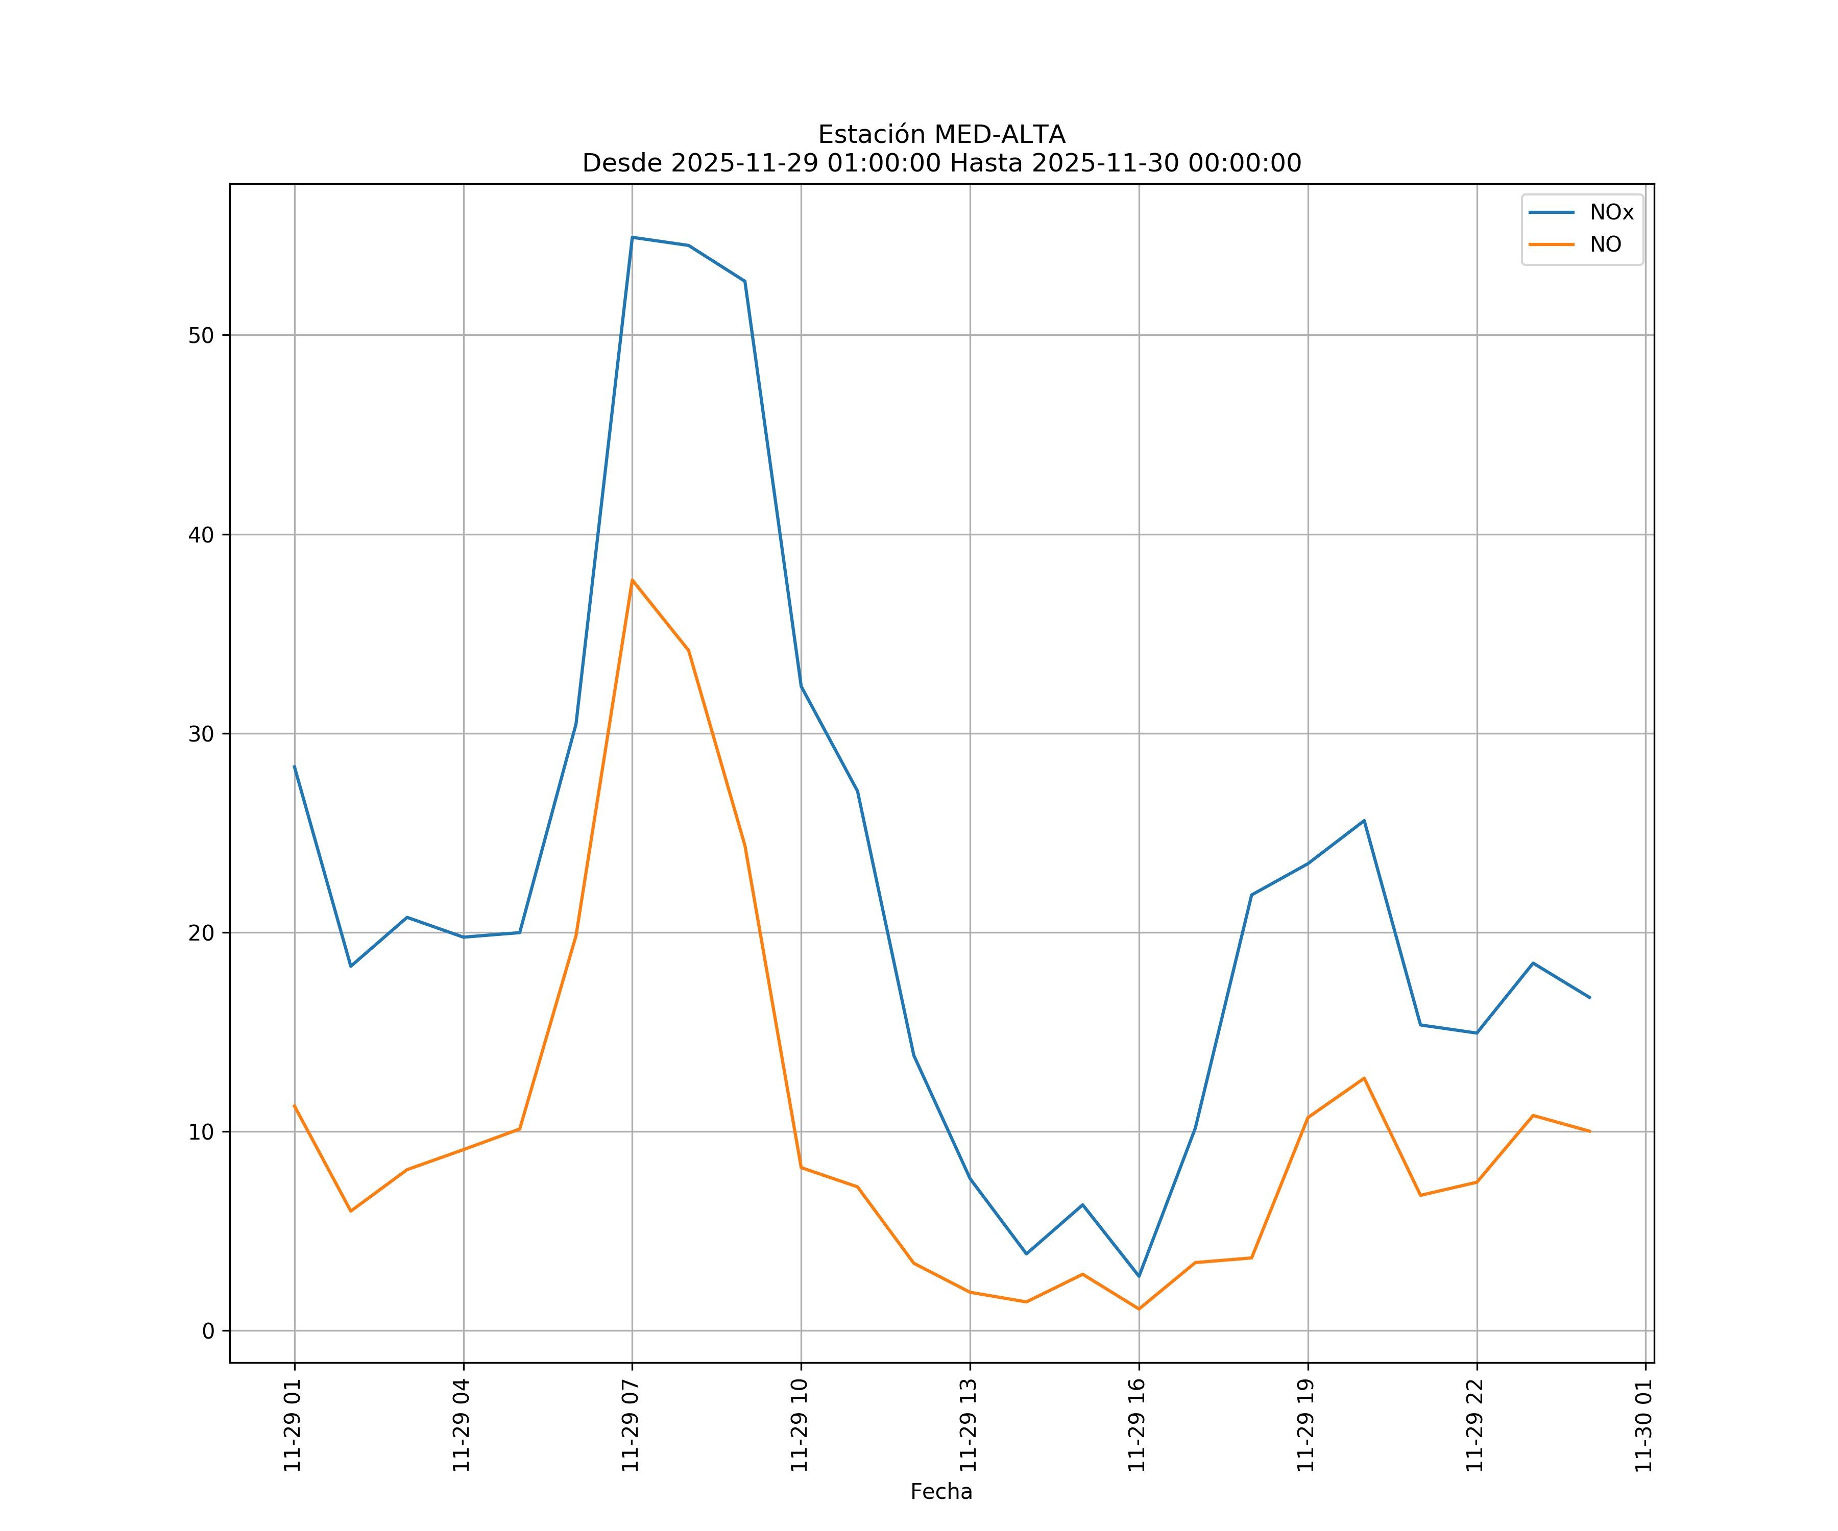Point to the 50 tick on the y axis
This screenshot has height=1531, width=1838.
coord(201,335)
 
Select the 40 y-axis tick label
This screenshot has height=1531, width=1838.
coord(201,534)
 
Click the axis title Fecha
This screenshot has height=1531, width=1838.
coord(941,1492)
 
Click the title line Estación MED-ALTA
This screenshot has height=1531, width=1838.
coord(941,135)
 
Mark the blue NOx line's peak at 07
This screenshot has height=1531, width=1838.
coord(632,237)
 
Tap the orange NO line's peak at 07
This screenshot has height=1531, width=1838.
coord(632,580)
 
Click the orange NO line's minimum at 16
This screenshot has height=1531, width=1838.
coord(1139,1309)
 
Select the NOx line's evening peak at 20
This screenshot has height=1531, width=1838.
coord(1364,821)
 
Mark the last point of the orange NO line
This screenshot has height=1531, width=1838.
coord(1589,1131)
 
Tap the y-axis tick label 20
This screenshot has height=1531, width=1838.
coord(201,932)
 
